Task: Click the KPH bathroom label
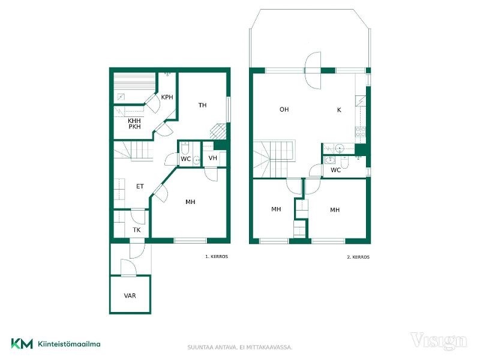click(167, 97)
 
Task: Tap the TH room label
click(202, 106)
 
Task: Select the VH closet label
click(212, 158)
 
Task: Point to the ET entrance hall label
click(140, 186)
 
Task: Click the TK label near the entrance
click(137, 230)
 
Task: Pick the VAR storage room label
click(130, 296)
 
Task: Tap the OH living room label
click(284, 109)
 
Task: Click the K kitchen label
click(339, 110)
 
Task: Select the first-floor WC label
click(185, 159)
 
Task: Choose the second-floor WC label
click(335, 170)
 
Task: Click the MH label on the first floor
click(190, 202)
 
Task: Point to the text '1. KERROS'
click(217, 257)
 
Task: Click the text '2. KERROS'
click(358, 257)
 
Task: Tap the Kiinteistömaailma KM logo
click(56, 343)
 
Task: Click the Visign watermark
click(439, 341)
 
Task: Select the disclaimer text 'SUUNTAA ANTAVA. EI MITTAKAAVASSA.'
click(240, 347)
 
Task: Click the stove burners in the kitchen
click(359, 131)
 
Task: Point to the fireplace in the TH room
click(218, 131)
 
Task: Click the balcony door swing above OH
click(313, 70)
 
